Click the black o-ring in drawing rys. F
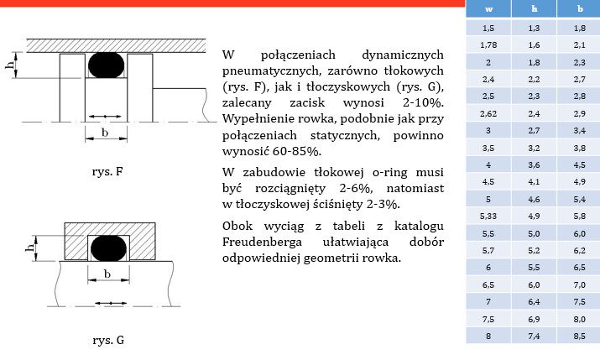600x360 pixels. [106, 65]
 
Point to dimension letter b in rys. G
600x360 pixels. [107, 274]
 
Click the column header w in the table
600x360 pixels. [489, 9]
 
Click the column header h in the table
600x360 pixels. [534, 9]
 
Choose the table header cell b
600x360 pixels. [579, 9]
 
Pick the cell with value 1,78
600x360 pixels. [489, 43]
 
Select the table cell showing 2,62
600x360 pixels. [489, 112]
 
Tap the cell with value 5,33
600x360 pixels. [489, 216]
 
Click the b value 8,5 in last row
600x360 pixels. [579, 336]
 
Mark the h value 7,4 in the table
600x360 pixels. [534, 336]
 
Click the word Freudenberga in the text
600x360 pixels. [266, 243]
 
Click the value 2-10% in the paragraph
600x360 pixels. [424, 102]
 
